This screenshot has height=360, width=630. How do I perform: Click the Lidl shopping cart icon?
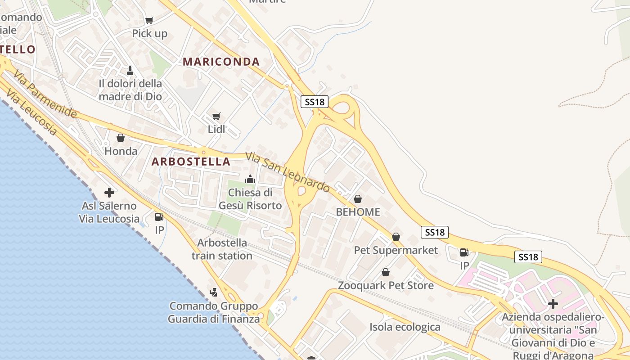tap(216, 117)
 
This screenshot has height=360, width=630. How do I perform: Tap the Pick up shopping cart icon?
tap(149, 20)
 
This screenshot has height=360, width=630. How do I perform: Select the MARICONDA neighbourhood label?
tap(221, 62)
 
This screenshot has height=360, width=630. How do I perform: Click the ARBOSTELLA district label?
tap(191, 162)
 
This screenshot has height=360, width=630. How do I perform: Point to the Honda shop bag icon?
tap(121, 138)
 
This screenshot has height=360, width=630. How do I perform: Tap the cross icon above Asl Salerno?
tap(109, 193)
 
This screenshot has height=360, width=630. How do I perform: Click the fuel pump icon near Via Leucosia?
tap(159, 217)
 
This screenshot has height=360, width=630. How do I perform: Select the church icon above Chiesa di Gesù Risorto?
tap(250, 179)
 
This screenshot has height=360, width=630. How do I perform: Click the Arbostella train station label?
tap(222, 249)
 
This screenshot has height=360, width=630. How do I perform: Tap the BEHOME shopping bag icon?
tap(358, 198)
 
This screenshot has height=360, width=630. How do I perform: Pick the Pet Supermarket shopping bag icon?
tap(396, 237)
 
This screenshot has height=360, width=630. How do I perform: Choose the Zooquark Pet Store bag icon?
tap(386, 272)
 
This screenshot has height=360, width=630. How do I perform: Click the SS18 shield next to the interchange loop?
tap(315, 102)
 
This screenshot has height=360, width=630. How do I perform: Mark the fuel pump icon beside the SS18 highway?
tap(464, 252)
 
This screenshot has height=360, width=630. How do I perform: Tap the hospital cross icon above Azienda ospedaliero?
tap(553, 304)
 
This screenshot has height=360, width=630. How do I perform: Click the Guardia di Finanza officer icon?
tap(214, 292)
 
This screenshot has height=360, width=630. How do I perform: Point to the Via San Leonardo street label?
tap(288, 172)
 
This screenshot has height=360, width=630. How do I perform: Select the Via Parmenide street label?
tap(45, 94)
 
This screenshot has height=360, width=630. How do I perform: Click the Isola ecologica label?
tap(405, 327)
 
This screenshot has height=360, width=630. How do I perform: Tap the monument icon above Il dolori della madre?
tap(130, 71)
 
